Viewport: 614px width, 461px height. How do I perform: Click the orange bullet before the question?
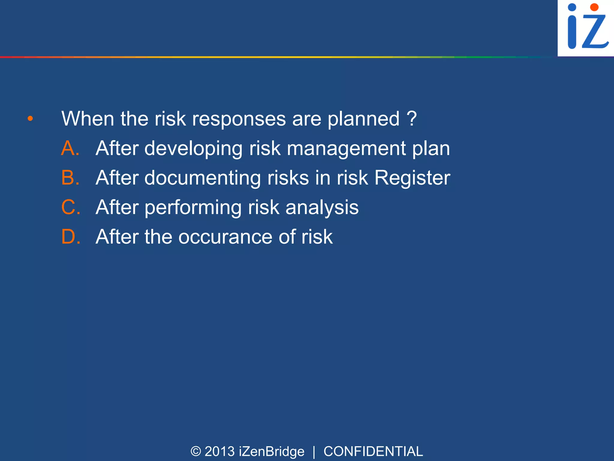point(30,119)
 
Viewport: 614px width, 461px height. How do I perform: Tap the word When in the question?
point(88,119)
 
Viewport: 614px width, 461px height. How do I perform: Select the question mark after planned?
point(412,119)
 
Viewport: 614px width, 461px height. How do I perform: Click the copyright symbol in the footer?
point(196,451)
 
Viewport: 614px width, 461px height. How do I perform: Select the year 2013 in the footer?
point(219,451)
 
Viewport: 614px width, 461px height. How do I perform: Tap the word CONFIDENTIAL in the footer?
point(373,451)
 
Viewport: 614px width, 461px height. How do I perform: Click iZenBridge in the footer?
point(272,451)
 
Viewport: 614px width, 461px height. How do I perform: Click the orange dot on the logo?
point(594,7)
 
